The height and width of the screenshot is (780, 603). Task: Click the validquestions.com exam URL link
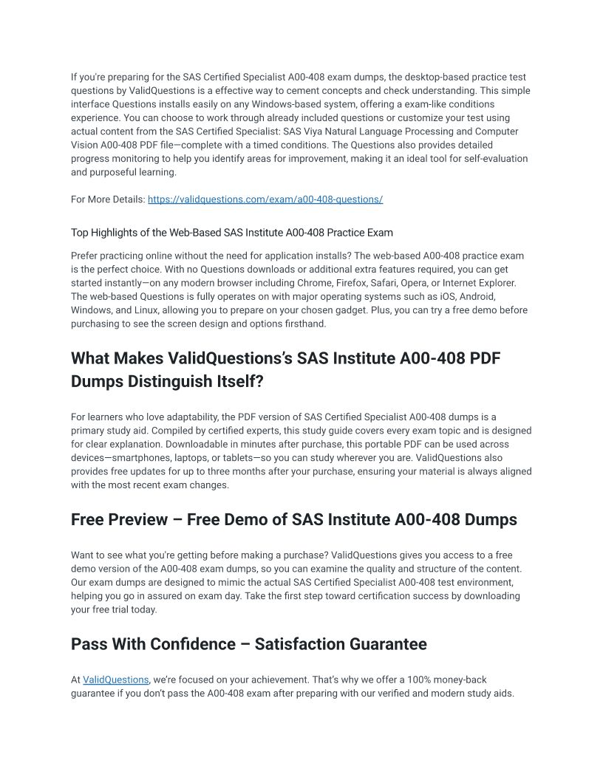(x=265, y=199)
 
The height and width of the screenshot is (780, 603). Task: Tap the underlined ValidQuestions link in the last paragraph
(x=116, y=680)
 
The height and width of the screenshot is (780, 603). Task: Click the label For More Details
(x=107, y=199)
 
